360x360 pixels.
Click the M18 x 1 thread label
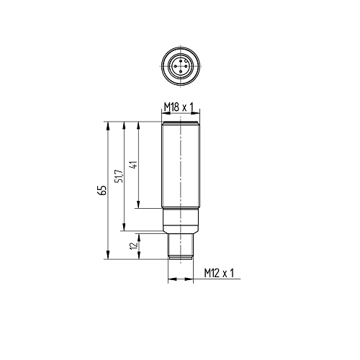click(179, 107)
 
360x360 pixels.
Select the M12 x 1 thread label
click(219, 273)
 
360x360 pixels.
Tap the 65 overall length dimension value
click(102, 190)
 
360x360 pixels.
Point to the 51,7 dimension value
click(119, 176)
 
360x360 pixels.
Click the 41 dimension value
click(134, 165)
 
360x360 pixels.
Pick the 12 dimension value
click(133, 246)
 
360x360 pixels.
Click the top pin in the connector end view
click(181, 60)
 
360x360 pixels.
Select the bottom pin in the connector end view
click(181, 71)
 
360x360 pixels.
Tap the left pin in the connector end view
click(175, 66)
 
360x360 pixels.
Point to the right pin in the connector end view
click(186, 66)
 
